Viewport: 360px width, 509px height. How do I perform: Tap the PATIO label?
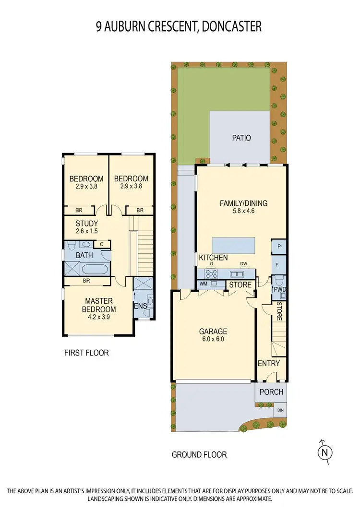pos(241,138)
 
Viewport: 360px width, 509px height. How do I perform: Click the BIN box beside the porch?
pos(280,411)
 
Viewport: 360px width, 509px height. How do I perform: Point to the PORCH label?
pos(271,392)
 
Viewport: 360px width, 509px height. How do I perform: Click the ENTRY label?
pos(269,363)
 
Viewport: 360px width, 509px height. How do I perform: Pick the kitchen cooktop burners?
pos(211,274)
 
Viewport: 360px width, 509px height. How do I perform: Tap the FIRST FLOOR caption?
pos(86,353)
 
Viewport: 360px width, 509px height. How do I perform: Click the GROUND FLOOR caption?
pos(199,454)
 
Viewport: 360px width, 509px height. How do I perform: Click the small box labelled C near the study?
pos(101,244)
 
